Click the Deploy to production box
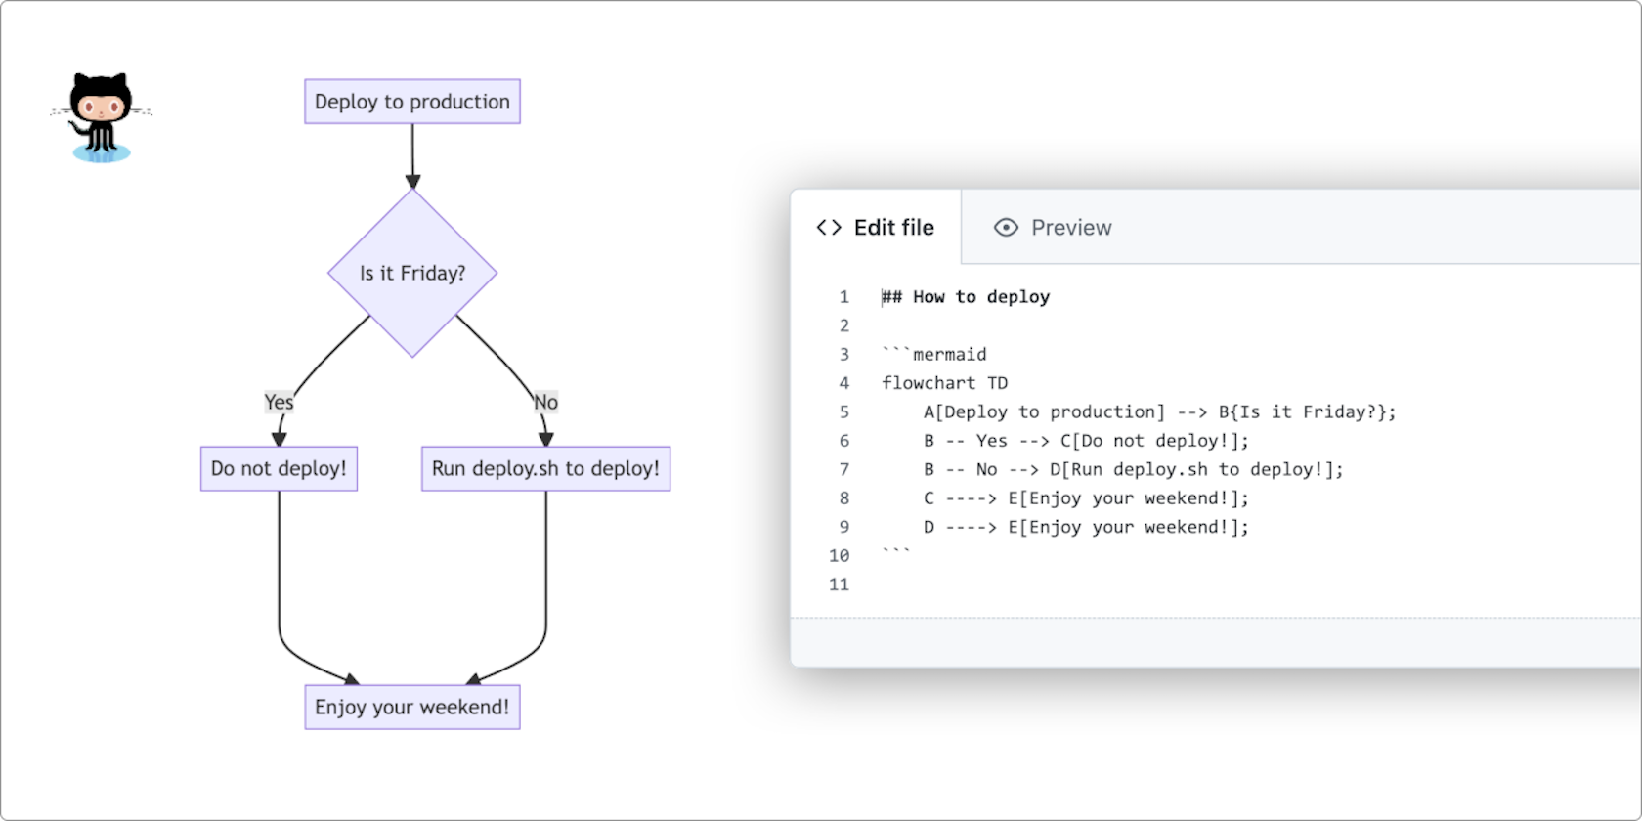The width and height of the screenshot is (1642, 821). click(411, 102)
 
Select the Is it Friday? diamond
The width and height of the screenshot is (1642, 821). click(412, 273)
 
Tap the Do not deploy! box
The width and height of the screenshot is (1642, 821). click(279, 468)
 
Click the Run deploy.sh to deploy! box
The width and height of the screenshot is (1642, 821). click(545, 468)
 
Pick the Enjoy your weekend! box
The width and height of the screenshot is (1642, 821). click(411, 707)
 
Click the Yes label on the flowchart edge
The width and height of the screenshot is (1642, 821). click(279, 402)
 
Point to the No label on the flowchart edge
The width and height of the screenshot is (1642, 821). click(545, 402)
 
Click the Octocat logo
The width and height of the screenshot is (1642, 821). click(101, 116)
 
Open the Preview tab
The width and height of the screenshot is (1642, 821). click(1070, 228)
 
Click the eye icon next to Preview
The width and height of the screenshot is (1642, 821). click(1006, 228)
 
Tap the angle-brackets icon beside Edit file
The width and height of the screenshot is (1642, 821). click(829, 228)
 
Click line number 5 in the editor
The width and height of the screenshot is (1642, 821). click(844, 411)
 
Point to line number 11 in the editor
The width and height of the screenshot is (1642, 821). click(839, 584)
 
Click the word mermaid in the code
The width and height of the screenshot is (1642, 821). click(949, 354)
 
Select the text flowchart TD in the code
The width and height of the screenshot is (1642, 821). click(944, 383)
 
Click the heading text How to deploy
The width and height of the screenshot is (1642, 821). click(981, 297)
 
